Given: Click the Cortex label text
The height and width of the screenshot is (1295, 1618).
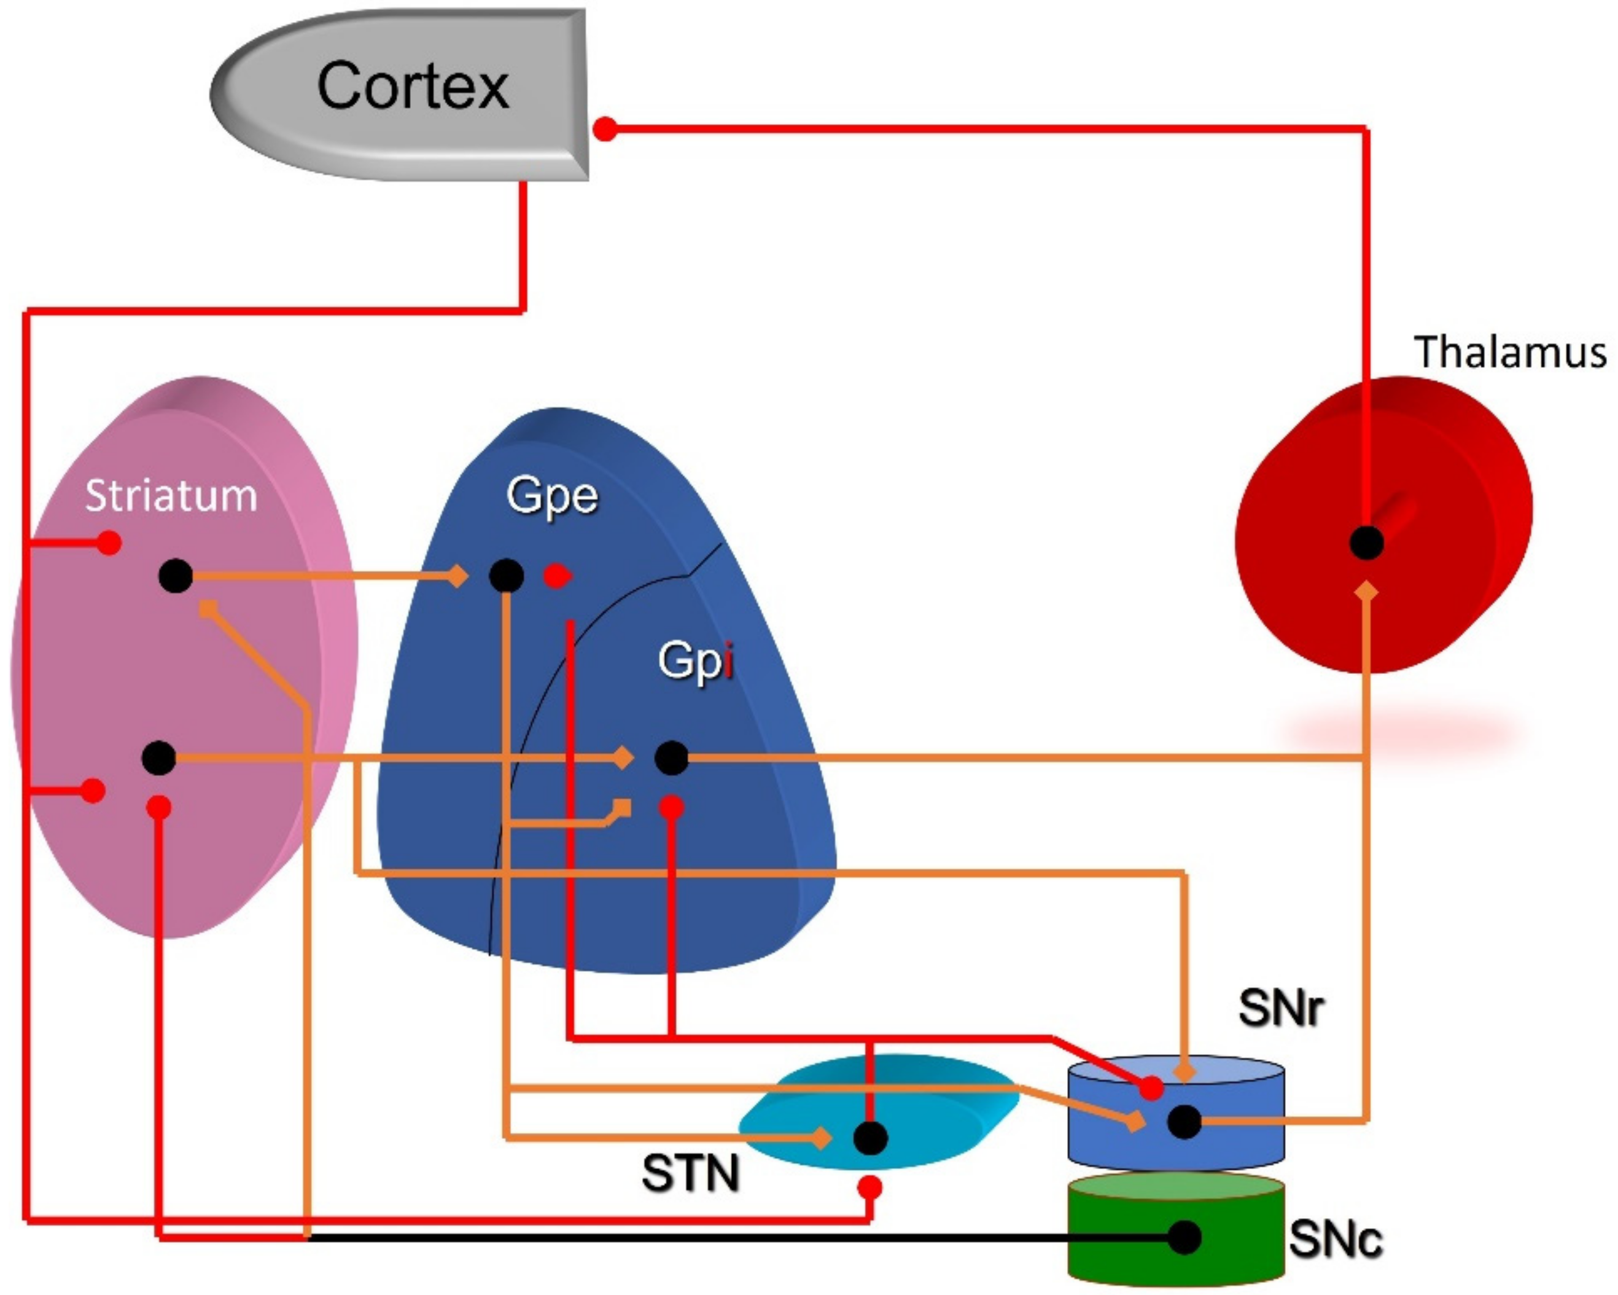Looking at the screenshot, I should [x=412, y=87].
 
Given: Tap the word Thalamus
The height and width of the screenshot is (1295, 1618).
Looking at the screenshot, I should [x=1509, y=352].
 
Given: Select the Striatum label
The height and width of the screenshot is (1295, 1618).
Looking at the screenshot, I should [x=171, y=496].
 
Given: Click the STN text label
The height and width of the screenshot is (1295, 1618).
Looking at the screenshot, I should [x=690, y=1173].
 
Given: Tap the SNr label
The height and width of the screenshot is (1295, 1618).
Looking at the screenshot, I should [x=1280, y=1008].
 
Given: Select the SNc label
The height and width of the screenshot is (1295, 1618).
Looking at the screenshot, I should [x=1336, y=1240].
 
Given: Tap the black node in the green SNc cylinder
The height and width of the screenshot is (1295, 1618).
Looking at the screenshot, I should [x=1185, y=1237].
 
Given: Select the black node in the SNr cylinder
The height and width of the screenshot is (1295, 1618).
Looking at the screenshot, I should [x=1185, y=1122].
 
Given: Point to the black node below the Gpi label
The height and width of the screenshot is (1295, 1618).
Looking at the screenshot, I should [x=671, y=758].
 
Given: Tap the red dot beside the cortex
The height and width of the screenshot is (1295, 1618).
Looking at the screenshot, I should [x=605, y=129].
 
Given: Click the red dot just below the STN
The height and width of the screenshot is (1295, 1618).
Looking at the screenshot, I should [x=869, y=1187].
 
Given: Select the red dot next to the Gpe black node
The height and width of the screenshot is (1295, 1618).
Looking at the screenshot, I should [x=556, y=577].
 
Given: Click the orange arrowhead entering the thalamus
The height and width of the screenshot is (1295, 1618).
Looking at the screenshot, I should [x=1367, y=592].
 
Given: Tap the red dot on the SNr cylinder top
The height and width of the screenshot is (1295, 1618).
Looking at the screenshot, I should [x=1152, y=1086].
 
